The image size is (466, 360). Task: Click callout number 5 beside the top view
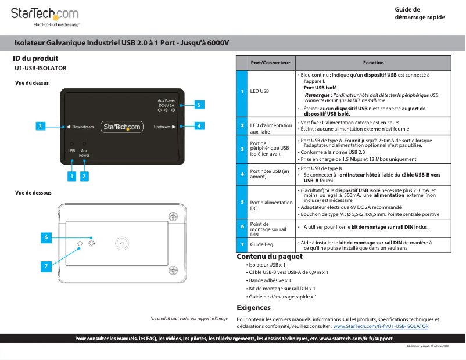tap(198, 105)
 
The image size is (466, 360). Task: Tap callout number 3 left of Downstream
tap(40, 126)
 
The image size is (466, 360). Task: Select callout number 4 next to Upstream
tap(198, 125)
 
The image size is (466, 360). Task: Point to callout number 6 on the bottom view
tap(46, 237)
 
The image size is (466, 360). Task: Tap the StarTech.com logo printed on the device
tap(122, 127)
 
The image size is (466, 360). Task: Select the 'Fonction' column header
tap(373, 63)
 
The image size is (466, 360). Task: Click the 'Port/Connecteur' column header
tap(270, 63)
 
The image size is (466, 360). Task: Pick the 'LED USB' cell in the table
tap(260, 91)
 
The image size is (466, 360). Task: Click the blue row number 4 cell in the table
tap(242, 173)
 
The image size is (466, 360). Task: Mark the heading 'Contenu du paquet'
tap(270, 257)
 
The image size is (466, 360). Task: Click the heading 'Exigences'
tap(254, 307)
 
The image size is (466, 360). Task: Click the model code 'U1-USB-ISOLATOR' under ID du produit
tap(41, 68)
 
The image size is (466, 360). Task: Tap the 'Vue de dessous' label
tap(33, 193)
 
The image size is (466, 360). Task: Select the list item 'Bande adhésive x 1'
tap(269, 280)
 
